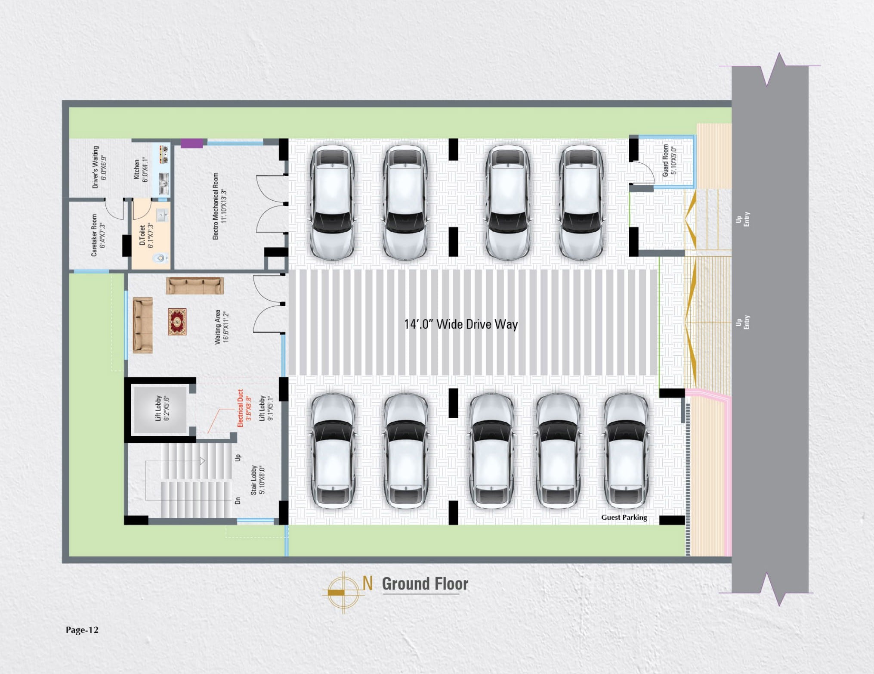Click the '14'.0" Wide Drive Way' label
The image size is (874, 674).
coord(461,324)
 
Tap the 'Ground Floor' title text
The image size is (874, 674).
coord(425,584)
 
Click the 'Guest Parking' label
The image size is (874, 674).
coord(624,517)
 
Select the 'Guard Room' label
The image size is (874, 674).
coord(665,160)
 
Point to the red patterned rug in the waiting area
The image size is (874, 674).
coord(177,321)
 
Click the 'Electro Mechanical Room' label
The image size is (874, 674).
coord(216,206)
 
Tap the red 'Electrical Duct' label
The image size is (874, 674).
coord(240,408)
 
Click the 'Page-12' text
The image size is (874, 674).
coord(82,630)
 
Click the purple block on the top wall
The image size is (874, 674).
coord(192,143)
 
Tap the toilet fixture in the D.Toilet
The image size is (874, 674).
coord(160,258)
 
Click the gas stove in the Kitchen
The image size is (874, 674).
coord(164,154)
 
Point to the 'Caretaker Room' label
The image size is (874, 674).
coord(94,235)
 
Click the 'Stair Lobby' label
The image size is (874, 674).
coord(254,480)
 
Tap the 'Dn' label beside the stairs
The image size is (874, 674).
coord(238,501)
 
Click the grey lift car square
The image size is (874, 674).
coord(160,410)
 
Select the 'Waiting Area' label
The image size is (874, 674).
coord(217,327)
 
